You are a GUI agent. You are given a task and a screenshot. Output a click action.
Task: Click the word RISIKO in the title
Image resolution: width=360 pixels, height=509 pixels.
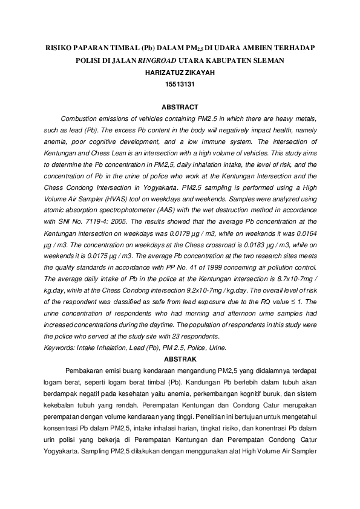(61, 47)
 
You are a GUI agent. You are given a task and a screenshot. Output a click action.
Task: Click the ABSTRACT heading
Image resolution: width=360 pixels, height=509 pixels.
(180, 107)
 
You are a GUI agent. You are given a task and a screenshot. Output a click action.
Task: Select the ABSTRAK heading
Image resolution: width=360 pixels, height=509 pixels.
(180, 358)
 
